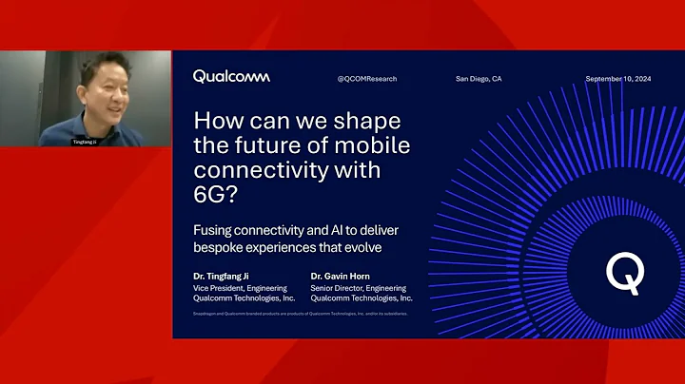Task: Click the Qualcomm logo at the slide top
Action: [x=231, y=76]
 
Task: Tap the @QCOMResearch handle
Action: [x=365, y=78]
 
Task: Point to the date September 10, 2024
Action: [x=618, y=78]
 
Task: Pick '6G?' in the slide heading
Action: [x=216, y=195]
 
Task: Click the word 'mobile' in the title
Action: [x=374, y=148]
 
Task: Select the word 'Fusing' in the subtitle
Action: [x=215, y=232]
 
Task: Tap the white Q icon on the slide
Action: [x=624, y=274]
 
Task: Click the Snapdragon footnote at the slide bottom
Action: [x=301, y=313]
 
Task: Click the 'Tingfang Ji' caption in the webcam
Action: [x=85, y=141]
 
